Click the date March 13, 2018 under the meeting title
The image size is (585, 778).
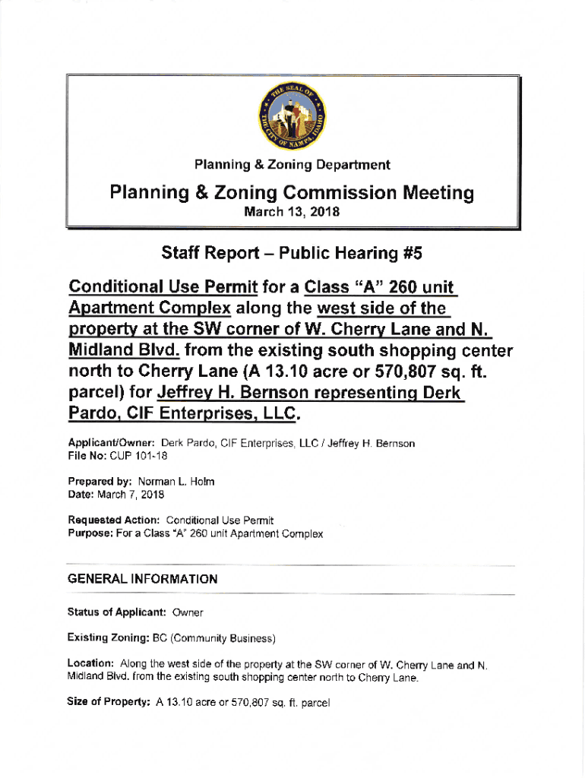292,212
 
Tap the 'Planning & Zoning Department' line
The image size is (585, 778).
292,164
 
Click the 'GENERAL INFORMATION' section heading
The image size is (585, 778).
143,579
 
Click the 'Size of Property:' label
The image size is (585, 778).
109,703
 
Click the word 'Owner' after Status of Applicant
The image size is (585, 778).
188,612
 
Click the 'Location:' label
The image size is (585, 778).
91,665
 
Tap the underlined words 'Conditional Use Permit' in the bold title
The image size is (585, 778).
163,289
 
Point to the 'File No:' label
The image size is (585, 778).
85,456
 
